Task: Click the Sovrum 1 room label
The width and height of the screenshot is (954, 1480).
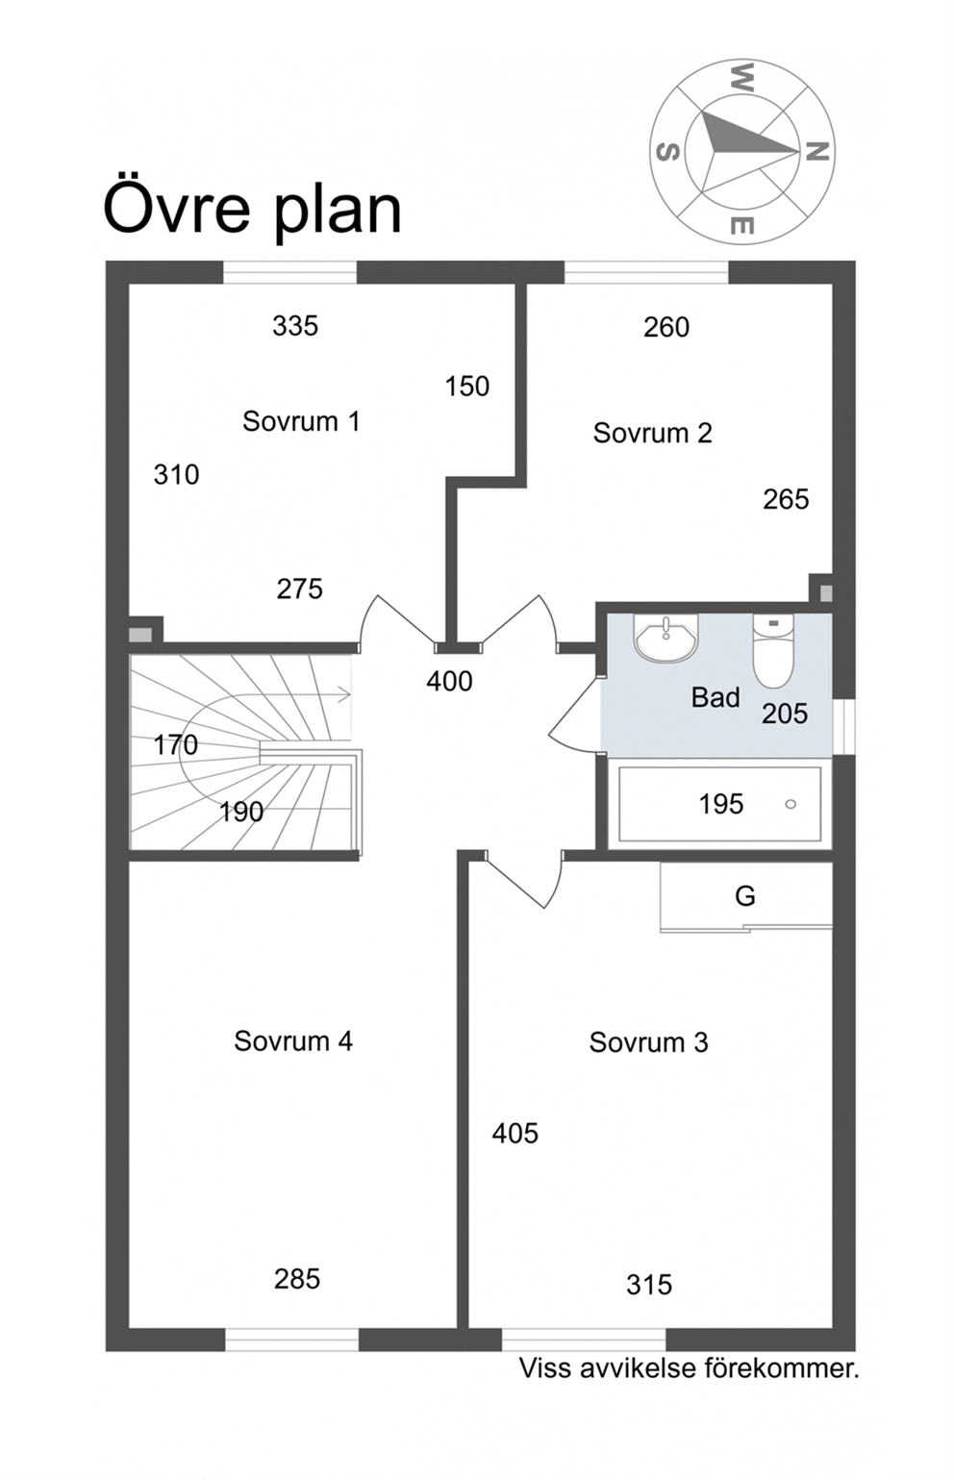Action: [301, 421]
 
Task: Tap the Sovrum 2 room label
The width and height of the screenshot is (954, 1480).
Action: [652, 434]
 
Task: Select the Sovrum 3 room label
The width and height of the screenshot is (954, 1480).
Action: [648, 1042]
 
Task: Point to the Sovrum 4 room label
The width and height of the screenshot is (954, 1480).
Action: [293, 1041]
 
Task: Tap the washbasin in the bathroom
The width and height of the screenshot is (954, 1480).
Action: [665, 637]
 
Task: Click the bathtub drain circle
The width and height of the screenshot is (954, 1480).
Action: [791, 804]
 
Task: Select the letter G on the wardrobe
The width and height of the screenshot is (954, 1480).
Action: [744, 896]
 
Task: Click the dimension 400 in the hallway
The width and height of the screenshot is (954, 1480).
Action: [449, 681]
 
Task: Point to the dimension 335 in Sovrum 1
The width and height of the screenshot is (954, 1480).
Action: [295, 326]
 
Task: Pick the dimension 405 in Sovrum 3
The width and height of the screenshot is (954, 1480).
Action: [515, 1134]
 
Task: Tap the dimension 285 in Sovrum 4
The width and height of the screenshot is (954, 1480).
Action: [297, 1279]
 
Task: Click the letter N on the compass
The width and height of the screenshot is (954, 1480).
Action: [816, 152]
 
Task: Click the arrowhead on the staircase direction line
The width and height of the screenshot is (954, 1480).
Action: [344, 693]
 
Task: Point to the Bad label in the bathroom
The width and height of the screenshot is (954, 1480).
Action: [715, 698]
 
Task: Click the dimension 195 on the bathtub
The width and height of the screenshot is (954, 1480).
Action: [721, 804]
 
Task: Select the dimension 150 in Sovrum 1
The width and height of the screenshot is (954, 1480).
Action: [467, 387]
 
